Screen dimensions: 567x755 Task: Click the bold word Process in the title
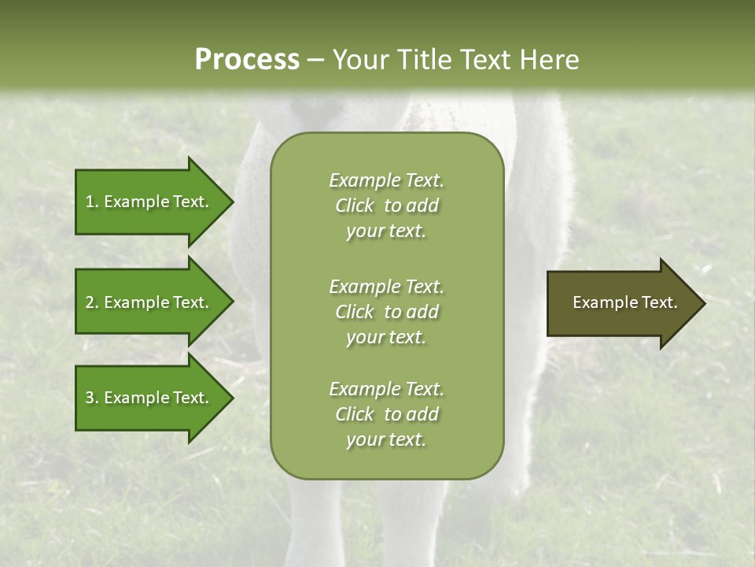[x=247, y=59]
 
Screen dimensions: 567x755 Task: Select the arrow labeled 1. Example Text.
[x=149, y=202]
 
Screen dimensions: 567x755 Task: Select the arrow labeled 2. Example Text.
[x=149, y=302]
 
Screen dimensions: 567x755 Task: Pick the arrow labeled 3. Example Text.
[x=149, y=398]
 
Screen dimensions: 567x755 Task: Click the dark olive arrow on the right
[x=621, y=303]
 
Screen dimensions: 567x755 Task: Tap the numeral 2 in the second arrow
[x=90, y=302]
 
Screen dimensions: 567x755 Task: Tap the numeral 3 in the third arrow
[x=90, y=398]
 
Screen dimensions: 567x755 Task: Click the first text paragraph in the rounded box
[x=386, y=206]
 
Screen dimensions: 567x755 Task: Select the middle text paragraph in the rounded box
[x=386, y=312]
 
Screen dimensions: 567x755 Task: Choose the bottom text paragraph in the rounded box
[x=386, y=414]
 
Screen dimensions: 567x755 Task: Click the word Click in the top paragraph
[x=355, y=206]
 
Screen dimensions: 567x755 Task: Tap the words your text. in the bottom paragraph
[x=386, y=439]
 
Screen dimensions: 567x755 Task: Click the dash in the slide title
[x=316, y=60]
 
